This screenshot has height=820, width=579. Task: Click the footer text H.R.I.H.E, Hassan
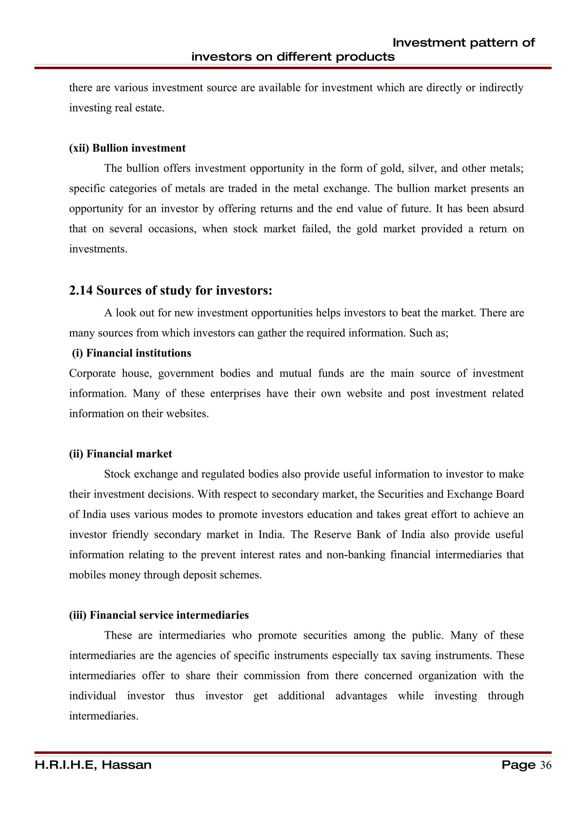pos(93,765)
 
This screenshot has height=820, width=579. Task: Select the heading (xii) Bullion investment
pos(127,148)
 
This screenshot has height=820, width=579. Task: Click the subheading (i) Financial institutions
pos(131,353)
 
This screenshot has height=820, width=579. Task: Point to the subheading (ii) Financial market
pos(121,454)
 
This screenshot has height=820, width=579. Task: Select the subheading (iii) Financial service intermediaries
pos(159,615)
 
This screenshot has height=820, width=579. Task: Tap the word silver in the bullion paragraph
pos(422,168)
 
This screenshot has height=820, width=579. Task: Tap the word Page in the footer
pos(518,765)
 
